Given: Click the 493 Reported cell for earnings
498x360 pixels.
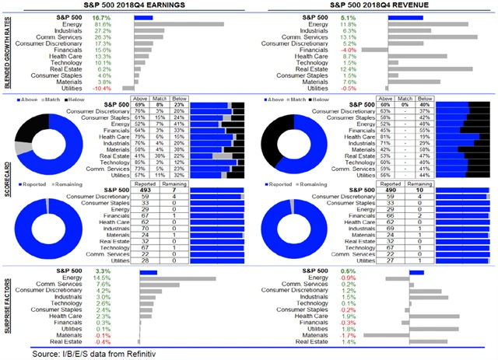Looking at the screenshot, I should coord(142,190).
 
